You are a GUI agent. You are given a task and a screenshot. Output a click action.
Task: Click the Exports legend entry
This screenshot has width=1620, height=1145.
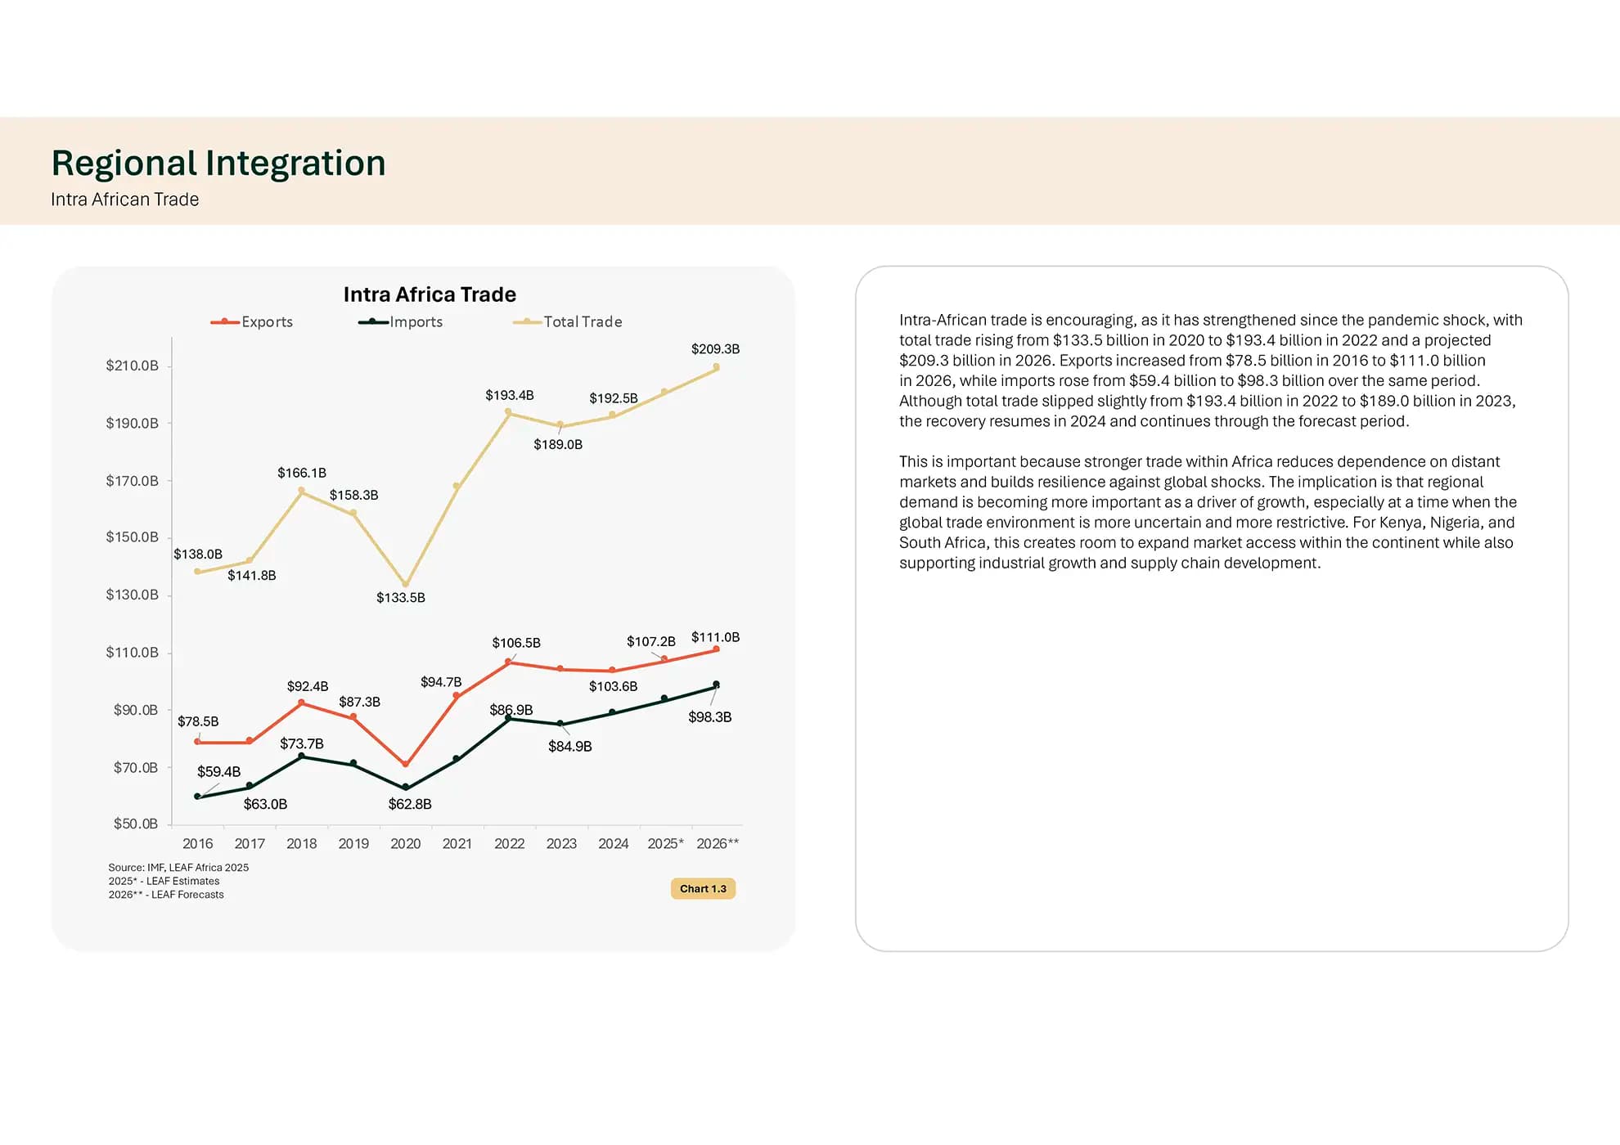tap(252, 321)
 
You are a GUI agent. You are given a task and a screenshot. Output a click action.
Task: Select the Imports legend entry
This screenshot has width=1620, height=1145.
tap(401, 321)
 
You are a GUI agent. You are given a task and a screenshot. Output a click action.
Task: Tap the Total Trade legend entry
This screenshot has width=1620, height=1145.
tap(568, 321)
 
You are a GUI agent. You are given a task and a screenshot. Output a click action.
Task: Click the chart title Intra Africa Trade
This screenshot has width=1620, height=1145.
tap(430, 294)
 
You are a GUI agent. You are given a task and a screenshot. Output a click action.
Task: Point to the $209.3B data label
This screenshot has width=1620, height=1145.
tap(715, 349)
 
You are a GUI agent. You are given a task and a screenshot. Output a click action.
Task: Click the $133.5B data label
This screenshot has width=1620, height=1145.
tap(401, 598)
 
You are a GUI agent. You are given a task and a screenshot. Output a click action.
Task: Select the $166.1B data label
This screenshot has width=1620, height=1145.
tap(302, 473)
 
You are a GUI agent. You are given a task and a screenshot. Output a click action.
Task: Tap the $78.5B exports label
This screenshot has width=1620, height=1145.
tap(198, 721)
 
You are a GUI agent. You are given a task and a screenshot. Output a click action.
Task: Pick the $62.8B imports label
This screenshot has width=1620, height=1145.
tap(410, 804)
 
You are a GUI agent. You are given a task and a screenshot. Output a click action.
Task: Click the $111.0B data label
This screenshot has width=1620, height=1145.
tap(715, 637)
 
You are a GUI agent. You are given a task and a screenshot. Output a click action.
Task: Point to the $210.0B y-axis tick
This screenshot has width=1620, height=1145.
tap(132, 366)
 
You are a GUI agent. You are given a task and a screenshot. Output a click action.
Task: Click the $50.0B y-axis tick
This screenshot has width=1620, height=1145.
tap(136, 824)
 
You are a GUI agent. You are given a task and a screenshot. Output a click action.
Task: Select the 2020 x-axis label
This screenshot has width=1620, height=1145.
tap(406, 843)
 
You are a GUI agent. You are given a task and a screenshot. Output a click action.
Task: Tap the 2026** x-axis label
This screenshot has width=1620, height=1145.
tap(718, 843)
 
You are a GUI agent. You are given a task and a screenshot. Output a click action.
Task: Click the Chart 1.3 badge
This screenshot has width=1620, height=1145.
tap(703, 889)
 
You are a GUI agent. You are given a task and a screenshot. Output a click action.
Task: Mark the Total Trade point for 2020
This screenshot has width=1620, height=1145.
tap(406, 585)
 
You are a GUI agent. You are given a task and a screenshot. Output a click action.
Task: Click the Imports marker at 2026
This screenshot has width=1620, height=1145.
tap(716, 685)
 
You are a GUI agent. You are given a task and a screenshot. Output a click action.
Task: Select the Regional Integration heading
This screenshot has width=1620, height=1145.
tap(218, 163)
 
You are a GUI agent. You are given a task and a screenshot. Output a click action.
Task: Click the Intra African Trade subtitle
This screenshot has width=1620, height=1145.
tap(125, 200)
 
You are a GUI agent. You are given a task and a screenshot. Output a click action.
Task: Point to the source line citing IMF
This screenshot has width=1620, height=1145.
tap(178, 868)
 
